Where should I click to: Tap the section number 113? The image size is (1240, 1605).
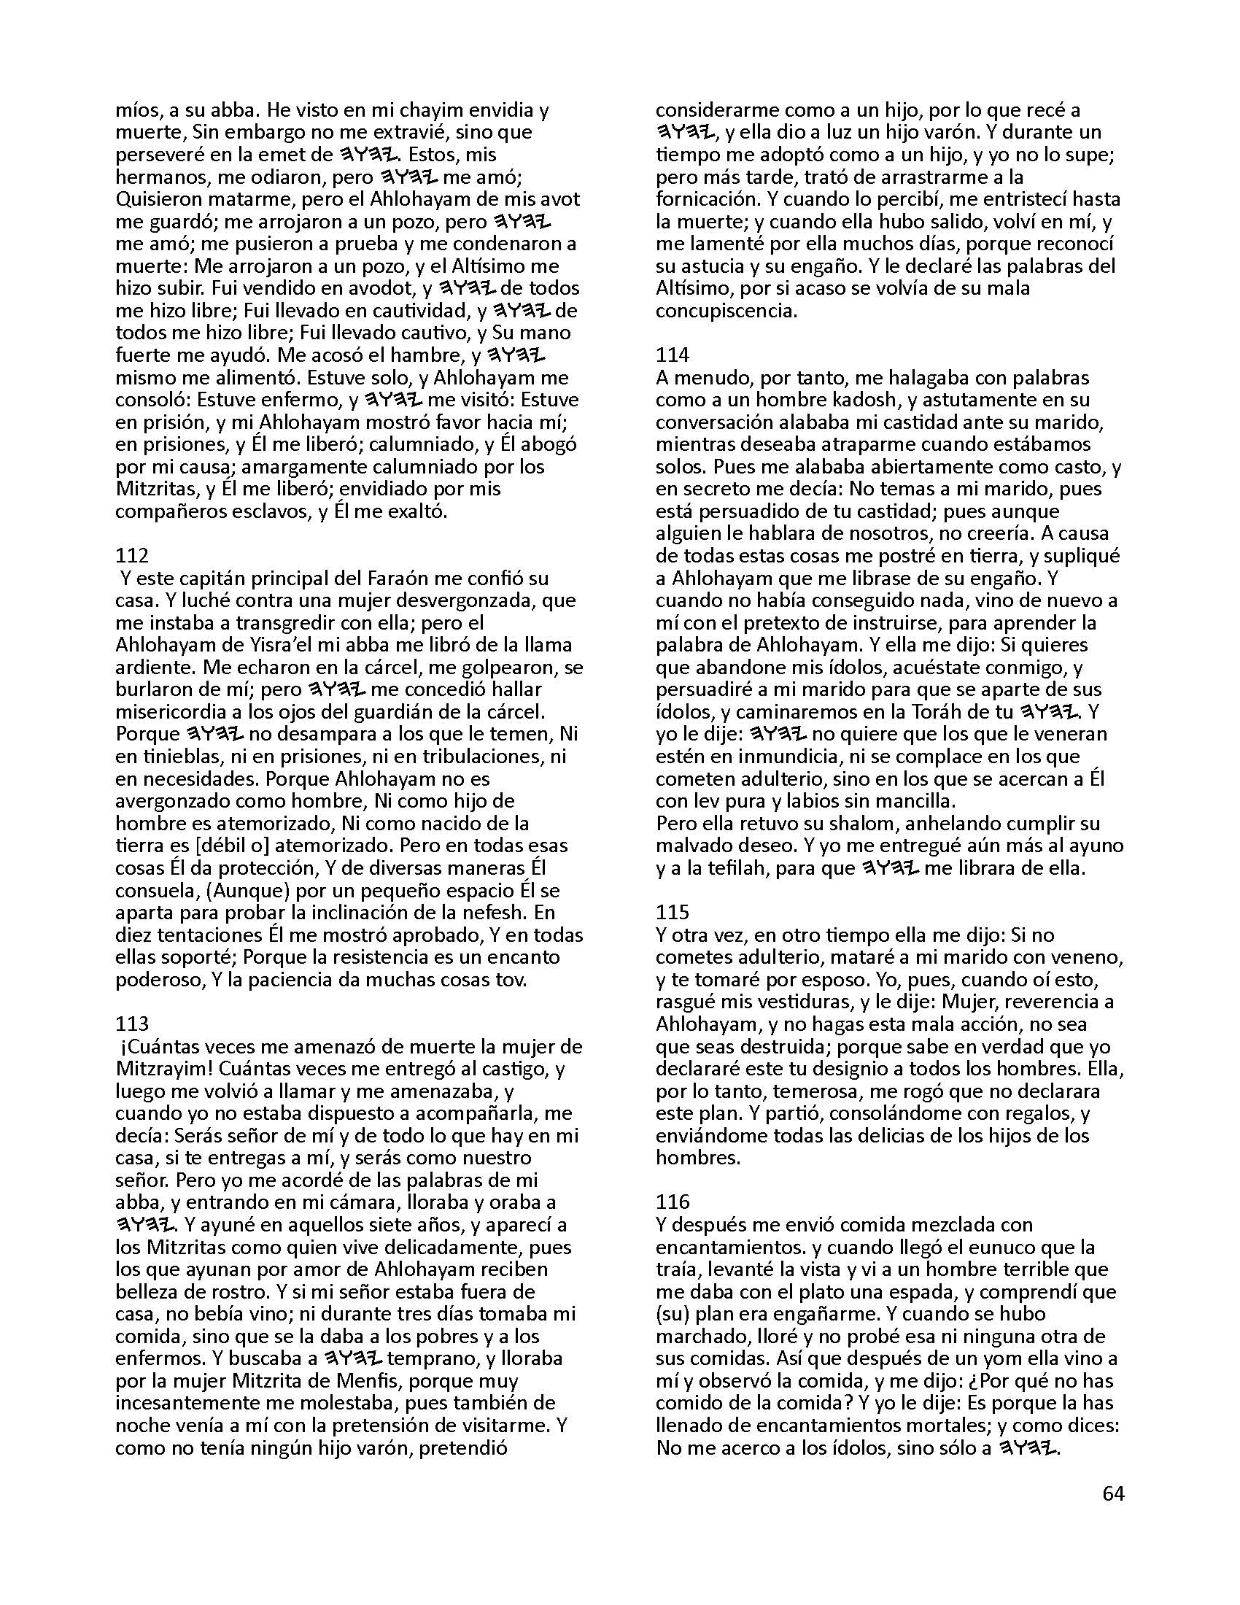point(132,1024)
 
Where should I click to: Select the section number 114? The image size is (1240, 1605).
point(673,355)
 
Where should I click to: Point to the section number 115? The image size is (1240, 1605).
point(673,912)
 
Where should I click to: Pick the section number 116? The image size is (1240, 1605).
point(673,1202)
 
